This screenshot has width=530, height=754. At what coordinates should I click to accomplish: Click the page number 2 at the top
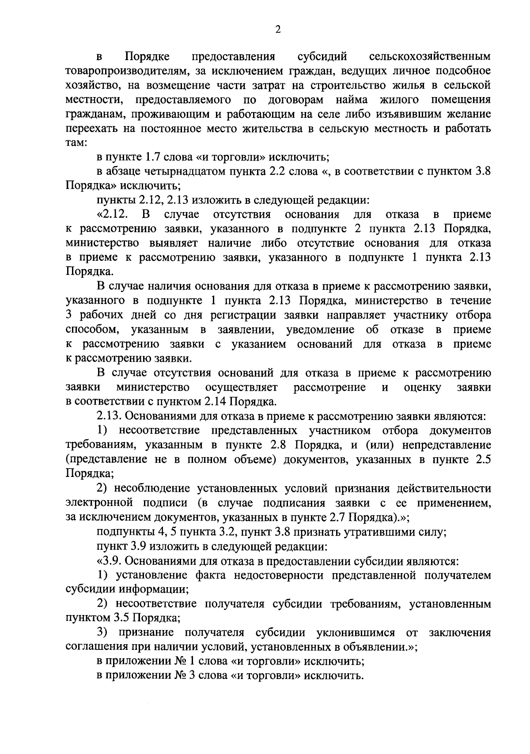click(x=278, y=29)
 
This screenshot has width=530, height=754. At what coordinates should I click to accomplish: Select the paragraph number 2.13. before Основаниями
click(x=109, y=416)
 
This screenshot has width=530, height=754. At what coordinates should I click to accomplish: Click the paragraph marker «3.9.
click(x=111, y=561)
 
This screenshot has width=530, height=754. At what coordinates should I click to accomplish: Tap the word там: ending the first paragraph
click(x=77, y=143)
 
